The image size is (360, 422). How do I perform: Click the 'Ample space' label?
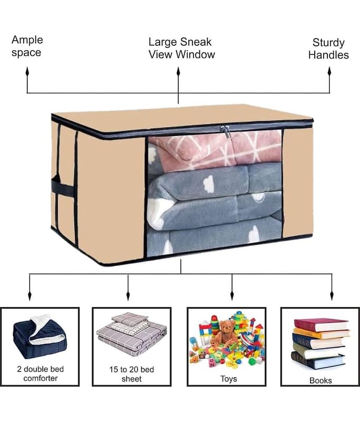coord(27,46)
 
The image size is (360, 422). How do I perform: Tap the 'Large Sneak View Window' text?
coord(181,48)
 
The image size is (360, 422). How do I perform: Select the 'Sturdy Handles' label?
coord(328,49)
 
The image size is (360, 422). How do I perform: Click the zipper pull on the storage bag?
coord(226,131)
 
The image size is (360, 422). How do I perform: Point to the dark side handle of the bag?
coord(62,186)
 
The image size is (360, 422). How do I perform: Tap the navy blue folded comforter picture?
coord(40,337)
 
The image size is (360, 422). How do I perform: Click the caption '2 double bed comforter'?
coord(41,373)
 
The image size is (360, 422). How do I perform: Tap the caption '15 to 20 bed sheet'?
coord(131,374)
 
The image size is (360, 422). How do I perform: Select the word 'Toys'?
coord(229,379)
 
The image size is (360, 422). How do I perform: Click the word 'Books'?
coord(320,380)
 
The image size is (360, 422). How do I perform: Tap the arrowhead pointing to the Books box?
coord(332,295)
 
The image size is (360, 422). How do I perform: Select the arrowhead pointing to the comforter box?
coord(30,295)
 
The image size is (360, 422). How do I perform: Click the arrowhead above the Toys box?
coord(232,295)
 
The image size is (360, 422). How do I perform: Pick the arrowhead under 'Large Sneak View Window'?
coord(178,72)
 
